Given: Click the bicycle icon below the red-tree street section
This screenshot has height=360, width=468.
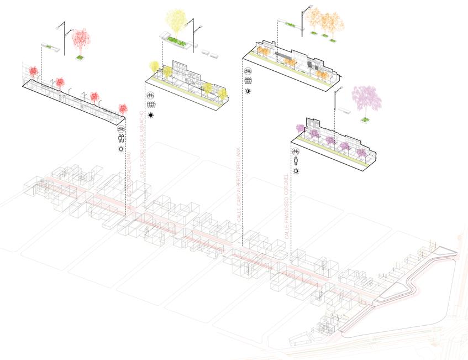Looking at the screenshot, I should coord(121,129).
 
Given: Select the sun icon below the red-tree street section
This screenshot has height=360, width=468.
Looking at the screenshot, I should coord(121,149).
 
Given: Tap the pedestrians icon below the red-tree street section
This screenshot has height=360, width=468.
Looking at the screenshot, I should coord(121,139).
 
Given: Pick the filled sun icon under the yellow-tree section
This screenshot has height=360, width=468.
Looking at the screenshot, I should coord(150,115).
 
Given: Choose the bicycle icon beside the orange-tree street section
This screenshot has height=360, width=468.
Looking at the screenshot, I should coord(248,71).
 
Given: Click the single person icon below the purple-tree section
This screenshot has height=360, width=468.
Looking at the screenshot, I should coord(296,161).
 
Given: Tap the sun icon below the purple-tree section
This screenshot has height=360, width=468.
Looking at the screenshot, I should coord(296,171).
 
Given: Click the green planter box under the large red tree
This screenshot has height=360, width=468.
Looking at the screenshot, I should coord(80,56).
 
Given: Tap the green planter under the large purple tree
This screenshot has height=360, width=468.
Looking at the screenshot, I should coord(365,119).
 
